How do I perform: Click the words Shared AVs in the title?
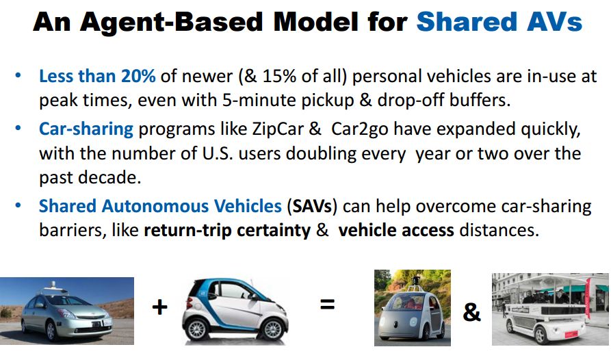click(499, 22)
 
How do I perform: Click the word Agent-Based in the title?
click(172, 23)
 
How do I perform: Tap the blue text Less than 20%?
click(97, 76)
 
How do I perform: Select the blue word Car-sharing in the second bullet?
click(86, 129)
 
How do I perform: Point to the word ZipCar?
click(278, 129)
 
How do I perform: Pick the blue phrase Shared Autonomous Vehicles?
click(160, 206)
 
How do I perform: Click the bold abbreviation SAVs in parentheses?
click(312, 206)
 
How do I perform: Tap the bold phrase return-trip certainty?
click(227, 230)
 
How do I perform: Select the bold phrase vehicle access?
click(396, 230)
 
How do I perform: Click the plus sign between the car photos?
click(160, 307)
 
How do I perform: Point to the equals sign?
click(327, 304)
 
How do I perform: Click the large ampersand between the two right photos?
click(471, 312)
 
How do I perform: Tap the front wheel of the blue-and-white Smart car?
click(197, 329)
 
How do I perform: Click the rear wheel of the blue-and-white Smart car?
click(272, 329)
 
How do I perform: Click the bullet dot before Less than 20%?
click(18, 75)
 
